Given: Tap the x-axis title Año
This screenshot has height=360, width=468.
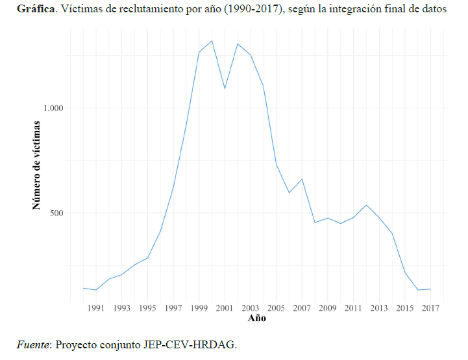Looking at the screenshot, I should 257,318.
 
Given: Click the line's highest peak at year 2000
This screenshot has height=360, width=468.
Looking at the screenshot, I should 212,41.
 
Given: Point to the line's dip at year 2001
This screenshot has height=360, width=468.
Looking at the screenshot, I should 225,88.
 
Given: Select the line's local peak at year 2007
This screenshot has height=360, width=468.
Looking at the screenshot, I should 302,179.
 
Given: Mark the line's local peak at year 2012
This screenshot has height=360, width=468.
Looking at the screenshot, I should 366,205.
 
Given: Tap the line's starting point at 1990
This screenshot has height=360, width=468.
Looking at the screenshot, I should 83,288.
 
